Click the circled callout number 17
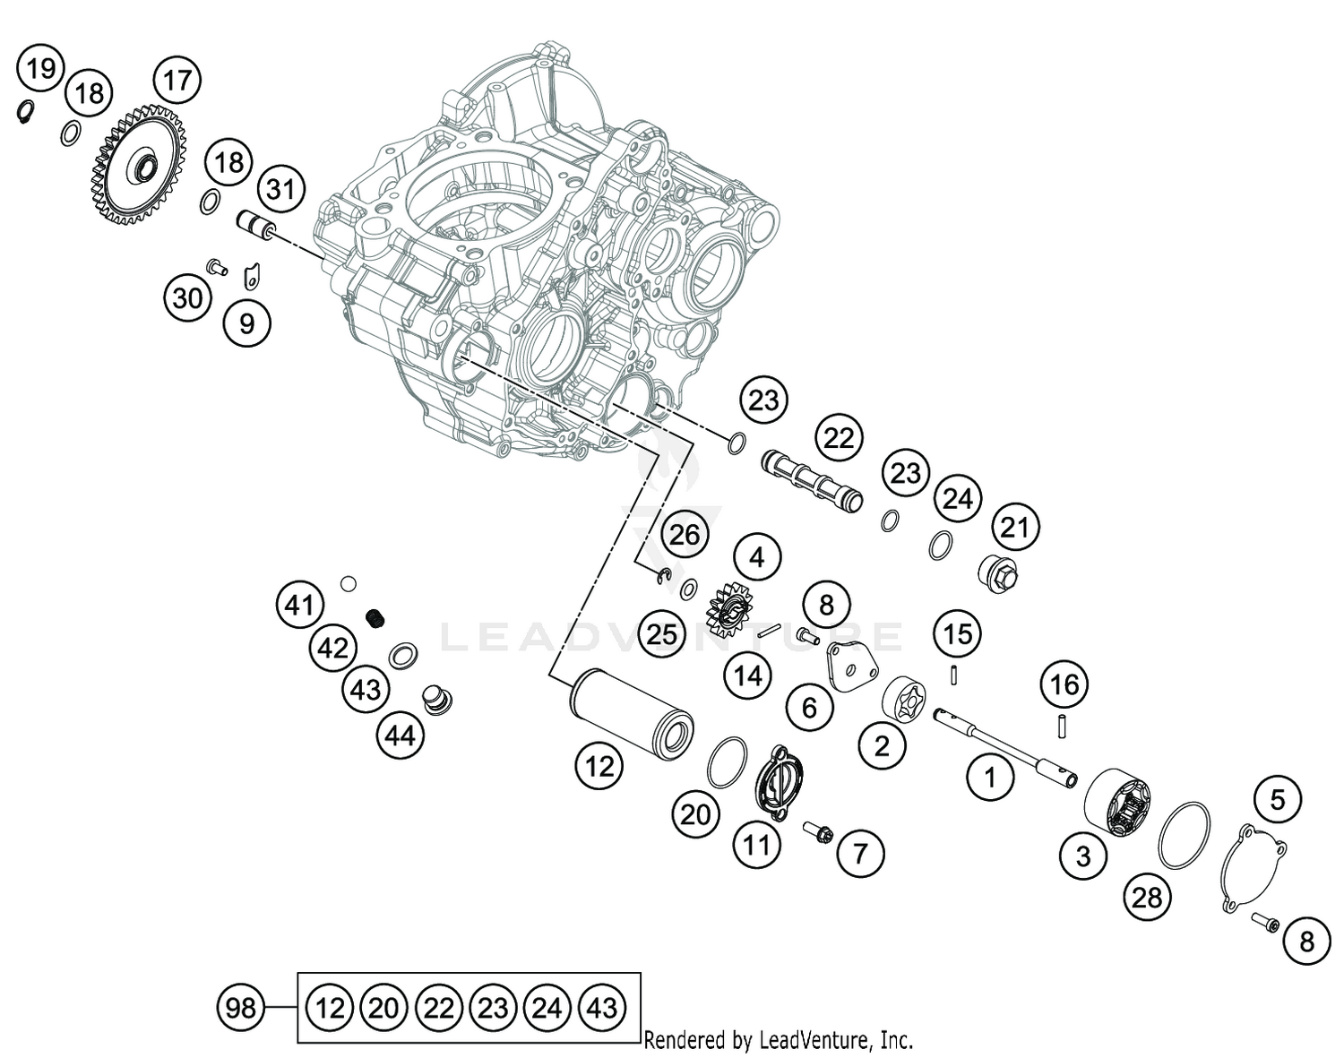pos(177,80)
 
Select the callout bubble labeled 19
pos(40,68)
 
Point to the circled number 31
pos(281,189)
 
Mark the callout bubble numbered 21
pos(1014,527)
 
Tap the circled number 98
pos(240,1009)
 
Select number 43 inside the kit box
pos(602,1009)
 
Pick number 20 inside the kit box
pos(383,1009)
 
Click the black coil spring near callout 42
pos(377,617)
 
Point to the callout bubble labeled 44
pos(400,735)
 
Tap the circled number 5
pos(1277,799)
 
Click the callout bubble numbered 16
pos(1064,685)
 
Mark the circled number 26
pos(685,535)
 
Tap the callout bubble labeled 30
pos(187,297)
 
